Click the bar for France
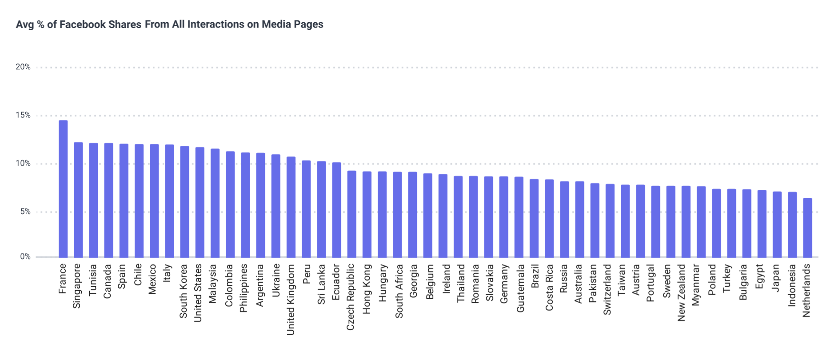63,188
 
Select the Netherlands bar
807,228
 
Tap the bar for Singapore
78,200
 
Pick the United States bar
200,202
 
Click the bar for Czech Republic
351,214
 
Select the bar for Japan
777,224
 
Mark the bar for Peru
306,209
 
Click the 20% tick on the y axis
23,67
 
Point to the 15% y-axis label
23,116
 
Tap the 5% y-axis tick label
25,212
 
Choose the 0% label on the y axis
25,257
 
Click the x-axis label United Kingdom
291,299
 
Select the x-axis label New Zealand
682,292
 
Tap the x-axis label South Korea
184,291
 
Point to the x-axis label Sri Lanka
321,284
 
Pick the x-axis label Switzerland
607,289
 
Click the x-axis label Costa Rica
550,287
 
